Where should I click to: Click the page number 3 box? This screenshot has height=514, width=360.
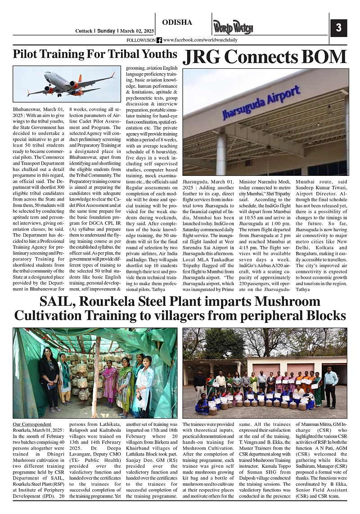pyautogui.click(x=338, y=28)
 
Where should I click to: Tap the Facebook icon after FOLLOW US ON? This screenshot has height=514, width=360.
pyautogui.click(x=159, y=40)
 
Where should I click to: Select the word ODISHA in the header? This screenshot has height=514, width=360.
pyautogui.click(x=177, y=22)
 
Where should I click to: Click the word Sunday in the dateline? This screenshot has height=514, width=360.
pyautogui.click(x=106, y=31)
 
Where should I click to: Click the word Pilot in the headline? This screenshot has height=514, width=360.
pyautogui.click(x=28, y=54)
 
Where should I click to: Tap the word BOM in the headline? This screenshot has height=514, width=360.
pyautogui.click(x=322, y=57)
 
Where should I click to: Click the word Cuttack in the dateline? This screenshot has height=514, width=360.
pyautogui.click(x=84, y=31)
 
